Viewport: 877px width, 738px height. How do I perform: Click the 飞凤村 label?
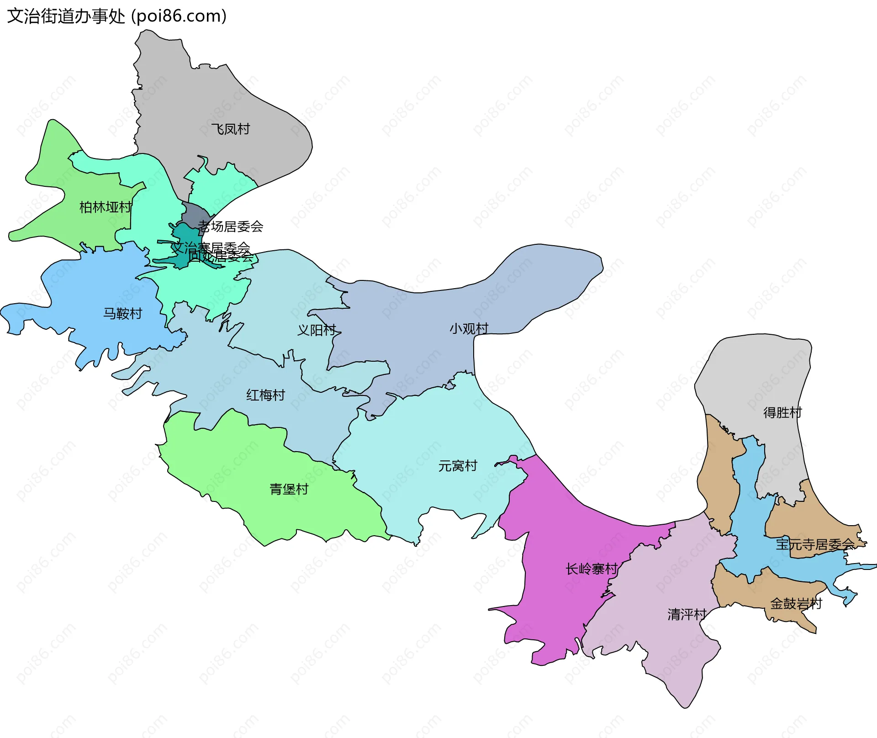click(230, 129)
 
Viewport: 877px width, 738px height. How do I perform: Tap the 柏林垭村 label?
click(105, 207)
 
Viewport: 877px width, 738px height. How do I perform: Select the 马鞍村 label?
click(122, 313)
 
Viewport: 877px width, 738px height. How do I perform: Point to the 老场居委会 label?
click(231, 226)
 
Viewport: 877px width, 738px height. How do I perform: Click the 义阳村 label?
click(317, 330)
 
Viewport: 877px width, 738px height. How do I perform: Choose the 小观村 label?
click(469, 328)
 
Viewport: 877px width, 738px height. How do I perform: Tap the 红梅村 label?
click(265, 395)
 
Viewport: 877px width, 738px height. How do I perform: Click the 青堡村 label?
click(289, 489)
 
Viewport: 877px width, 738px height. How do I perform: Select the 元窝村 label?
click(458, 466)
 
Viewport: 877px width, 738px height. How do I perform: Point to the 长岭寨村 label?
click(592, 569)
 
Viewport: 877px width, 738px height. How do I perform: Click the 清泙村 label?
click(687, 614)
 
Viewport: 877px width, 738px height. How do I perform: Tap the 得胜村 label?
click(782, 413)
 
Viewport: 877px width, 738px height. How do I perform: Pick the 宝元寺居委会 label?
click(815, 544)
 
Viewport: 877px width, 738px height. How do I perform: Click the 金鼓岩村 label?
click(796, 604)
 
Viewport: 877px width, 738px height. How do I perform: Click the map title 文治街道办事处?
click(66, 16)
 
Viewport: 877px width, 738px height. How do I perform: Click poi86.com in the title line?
click(179, 16)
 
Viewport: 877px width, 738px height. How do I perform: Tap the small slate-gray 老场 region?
click(194, 213)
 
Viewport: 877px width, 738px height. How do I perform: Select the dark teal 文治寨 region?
click(185, 237)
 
